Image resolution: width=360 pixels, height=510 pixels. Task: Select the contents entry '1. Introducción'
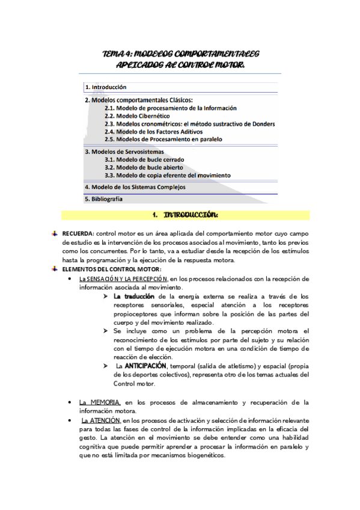click(106, 87)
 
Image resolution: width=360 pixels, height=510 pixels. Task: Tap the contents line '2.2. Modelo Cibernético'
click(136, 115)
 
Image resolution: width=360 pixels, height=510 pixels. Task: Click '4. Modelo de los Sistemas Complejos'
click(135, 186)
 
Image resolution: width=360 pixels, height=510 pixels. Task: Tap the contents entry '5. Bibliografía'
click(104, 198)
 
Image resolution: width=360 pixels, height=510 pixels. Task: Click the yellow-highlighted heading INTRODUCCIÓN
click(189, 215)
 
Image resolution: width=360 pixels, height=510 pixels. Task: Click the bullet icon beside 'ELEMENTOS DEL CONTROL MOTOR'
click(55, 268)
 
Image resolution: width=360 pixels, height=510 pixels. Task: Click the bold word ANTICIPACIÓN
click(146, 365)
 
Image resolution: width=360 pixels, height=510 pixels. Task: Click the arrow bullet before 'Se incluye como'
click(106, 331)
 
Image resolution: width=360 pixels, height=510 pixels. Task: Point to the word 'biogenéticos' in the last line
click(201, 455)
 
